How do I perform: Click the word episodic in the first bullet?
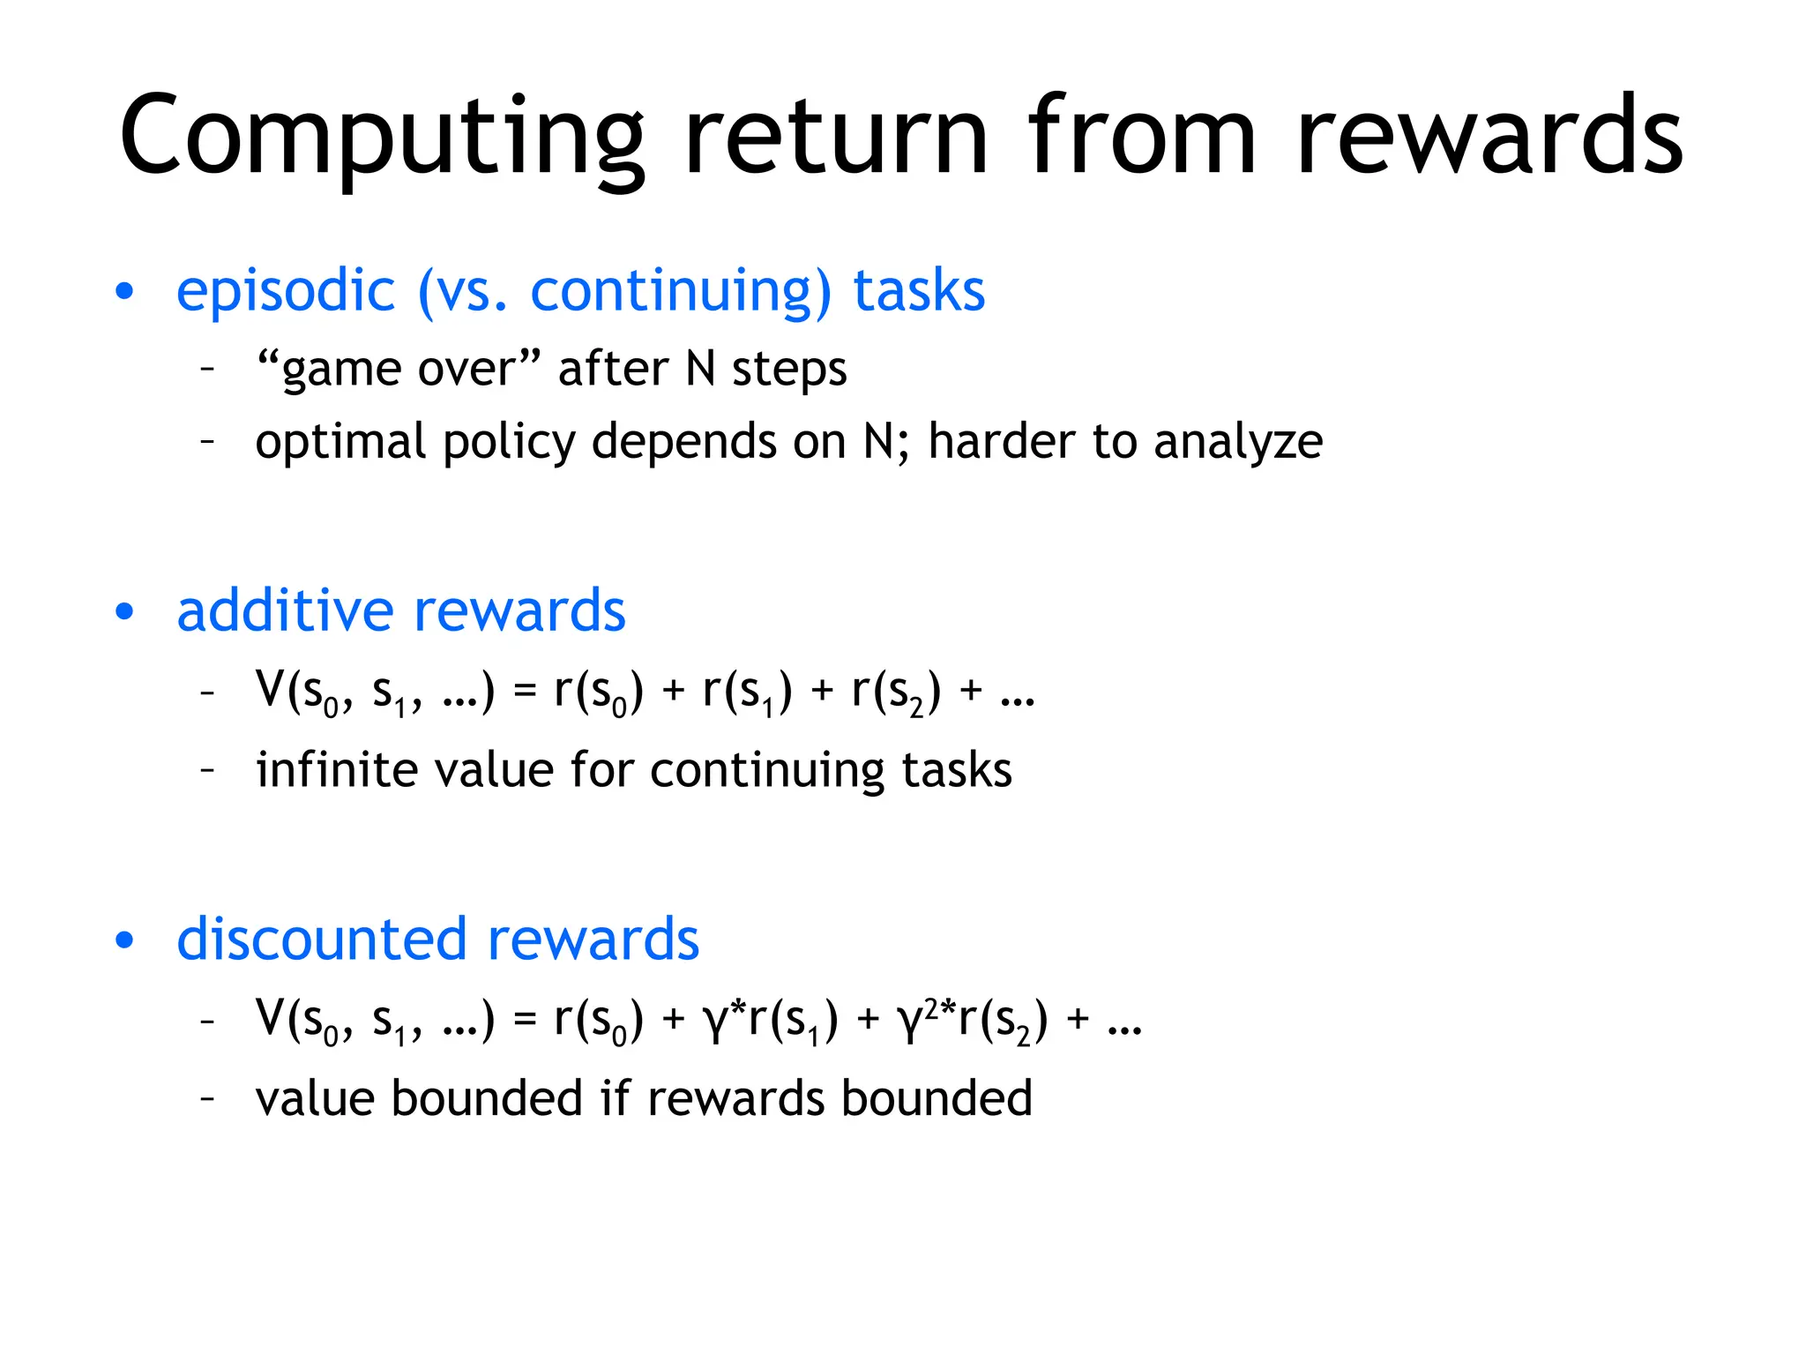(286, 292)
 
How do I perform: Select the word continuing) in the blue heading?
(680, 292)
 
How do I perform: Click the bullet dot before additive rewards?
(125, 611)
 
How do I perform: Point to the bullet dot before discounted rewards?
(125, 940)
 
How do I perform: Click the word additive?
(285, 611)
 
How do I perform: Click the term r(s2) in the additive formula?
(896, 692)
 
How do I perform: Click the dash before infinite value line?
(208, 771)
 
